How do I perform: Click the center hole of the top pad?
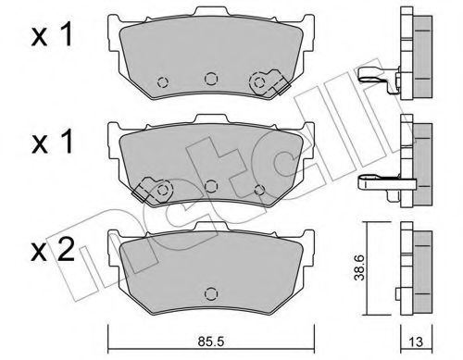[x=210, y=79]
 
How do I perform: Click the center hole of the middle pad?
[x=211, y=186]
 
